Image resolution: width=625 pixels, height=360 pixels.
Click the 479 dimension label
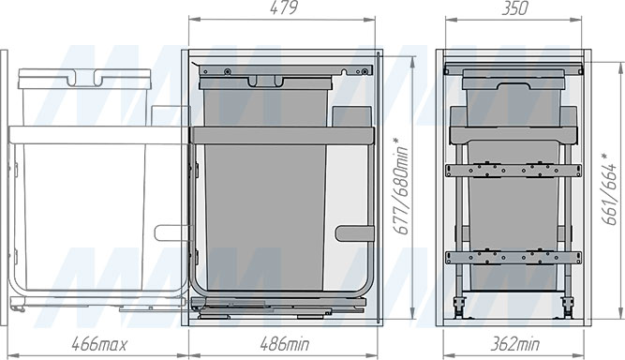pos(284,8)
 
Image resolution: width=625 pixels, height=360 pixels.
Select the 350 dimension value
pos(515,8)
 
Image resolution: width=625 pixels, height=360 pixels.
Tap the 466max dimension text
pos(99,344)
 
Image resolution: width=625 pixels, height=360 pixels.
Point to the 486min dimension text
pos(285,344)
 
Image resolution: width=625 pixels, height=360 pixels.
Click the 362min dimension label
pos(515,344)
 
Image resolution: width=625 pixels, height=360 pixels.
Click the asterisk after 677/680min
pos(395,142)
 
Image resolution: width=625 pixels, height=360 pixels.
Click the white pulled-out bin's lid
pos(85,78)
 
